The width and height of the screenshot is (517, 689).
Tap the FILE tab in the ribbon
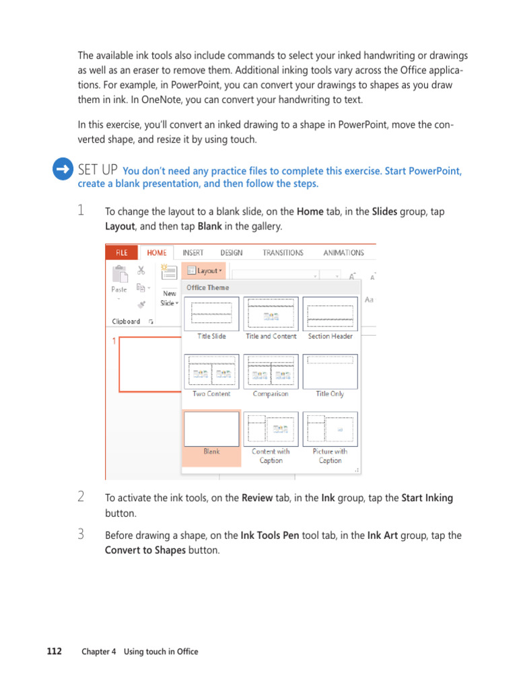[x=121, y=253]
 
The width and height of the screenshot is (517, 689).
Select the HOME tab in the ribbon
[x=156, y=253]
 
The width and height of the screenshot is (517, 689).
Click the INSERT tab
[x=193, y=253]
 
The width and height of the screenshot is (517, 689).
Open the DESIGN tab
[x=231, y=253]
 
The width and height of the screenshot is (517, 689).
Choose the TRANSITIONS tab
[x=283, y=253]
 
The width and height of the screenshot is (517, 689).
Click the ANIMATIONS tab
[x=343, y=253]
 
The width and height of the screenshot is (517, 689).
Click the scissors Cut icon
[x=141, y=270]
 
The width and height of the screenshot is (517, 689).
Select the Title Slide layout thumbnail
[x=211, y=314]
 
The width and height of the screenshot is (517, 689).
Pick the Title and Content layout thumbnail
[x=271, y=314]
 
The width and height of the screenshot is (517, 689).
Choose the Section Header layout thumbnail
[x=330, y=314]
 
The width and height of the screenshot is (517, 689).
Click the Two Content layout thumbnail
[x=211, y=371]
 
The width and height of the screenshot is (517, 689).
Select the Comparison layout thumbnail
[x=271, y=371]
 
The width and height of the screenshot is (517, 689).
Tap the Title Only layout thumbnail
[x=330, y=371]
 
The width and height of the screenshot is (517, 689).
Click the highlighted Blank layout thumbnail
[x=211, y=429]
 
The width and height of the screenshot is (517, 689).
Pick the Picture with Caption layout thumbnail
[x=330, y=429]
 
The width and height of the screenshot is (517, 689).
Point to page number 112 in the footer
[x=55, y=651]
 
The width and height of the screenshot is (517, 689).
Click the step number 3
[x=81, y=535]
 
